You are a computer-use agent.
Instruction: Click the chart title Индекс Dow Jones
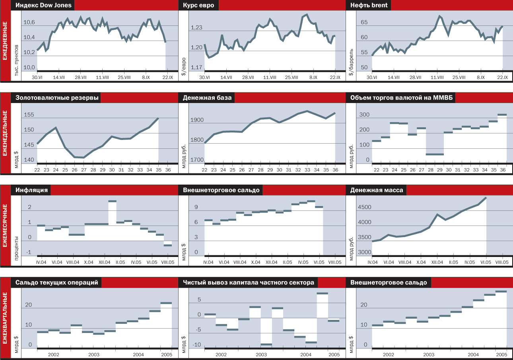44,5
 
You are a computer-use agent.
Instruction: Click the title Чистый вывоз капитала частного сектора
249,282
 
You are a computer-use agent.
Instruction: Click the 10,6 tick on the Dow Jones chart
29,22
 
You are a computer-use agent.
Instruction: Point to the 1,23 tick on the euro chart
197,28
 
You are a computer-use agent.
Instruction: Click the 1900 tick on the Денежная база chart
197,120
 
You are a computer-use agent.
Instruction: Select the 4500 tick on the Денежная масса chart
364,207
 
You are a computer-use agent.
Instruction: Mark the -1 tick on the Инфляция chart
29,252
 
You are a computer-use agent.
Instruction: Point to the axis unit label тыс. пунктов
17,60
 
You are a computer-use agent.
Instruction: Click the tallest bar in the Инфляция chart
113,201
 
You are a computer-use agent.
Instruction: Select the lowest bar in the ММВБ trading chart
434,154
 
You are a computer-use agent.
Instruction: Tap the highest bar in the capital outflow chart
322,294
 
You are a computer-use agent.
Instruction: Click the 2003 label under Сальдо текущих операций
93,354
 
